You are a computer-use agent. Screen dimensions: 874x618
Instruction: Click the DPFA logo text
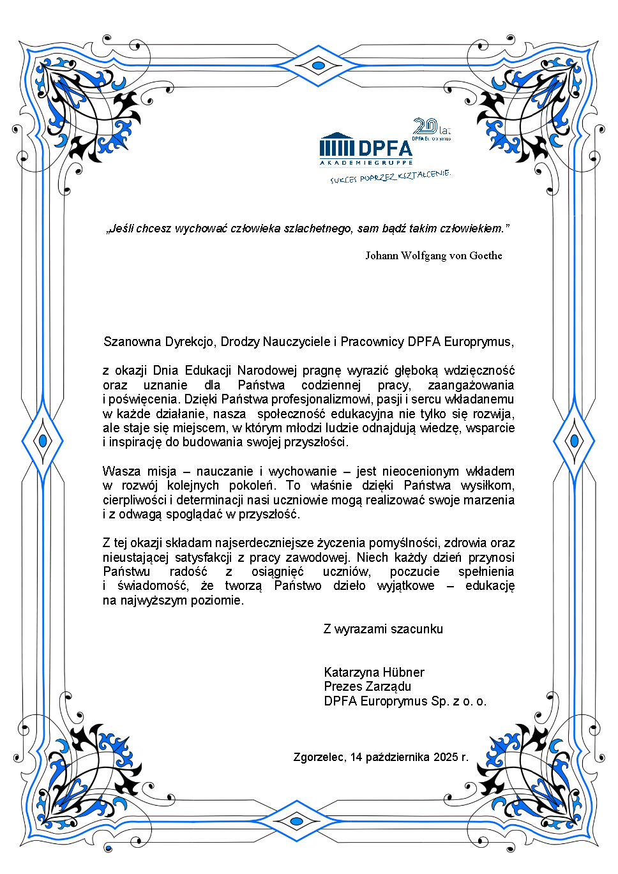pos(385,149)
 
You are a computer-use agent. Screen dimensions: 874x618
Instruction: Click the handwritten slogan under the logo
pos(390,177)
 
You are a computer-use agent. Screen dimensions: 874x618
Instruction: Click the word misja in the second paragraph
pos(162,471)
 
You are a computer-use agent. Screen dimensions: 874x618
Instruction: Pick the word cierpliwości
pos(135,500)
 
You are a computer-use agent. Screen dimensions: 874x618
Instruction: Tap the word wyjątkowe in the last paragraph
pos(405,585)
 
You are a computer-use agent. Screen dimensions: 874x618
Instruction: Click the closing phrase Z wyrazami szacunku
pos(382,629)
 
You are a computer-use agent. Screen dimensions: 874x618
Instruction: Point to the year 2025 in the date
pos(446,757)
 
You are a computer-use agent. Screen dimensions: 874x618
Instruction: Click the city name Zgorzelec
pos(319,757)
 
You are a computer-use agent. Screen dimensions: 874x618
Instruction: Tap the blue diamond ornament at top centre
pos(318,65)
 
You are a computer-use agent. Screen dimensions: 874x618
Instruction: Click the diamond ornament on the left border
pos(43,441)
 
